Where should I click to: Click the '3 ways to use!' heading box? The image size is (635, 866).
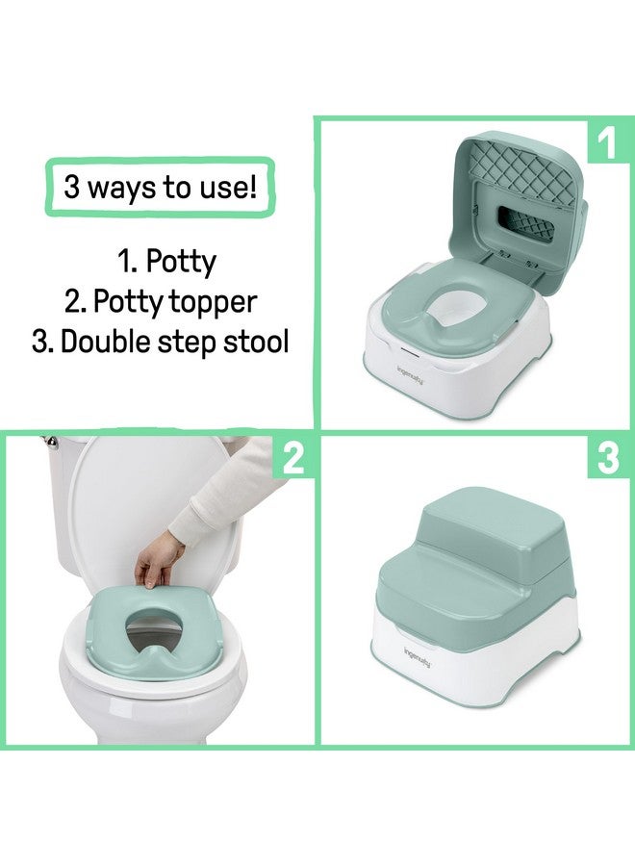tap(160, 186)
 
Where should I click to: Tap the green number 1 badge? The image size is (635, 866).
tap(606, 144)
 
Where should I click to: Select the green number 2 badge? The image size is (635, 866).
tap(292, 459)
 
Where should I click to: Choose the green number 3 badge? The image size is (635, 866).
tap(606, 459)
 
